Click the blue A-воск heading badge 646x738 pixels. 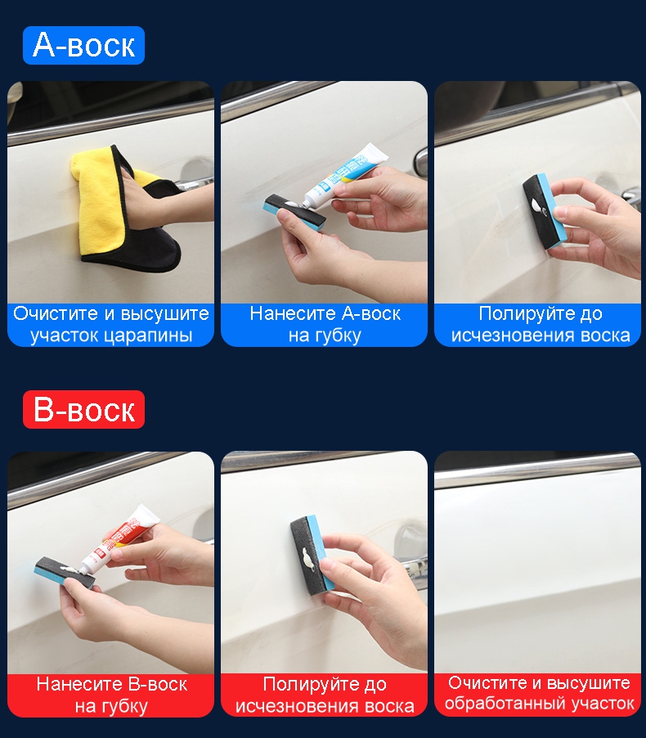point(83,45)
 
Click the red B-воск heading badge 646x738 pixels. point(83,409)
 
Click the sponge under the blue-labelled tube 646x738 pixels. point(294,212)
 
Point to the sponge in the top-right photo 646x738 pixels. point(545,210)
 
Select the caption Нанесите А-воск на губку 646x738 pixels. point(325,325)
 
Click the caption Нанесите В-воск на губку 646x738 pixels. point(111,695)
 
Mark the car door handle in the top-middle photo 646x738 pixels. point(420,162)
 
